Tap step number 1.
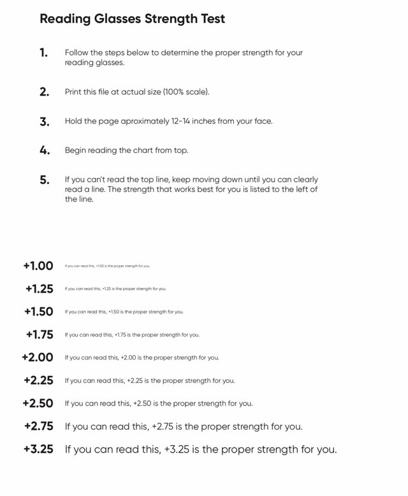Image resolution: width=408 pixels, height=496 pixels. (x=43, y=53)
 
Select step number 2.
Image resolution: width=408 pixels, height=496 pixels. (x=44, y=92)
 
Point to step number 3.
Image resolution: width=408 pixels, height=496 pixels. (x=44, y=121)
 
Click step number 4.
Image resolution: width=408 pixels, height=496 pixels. (x=44, y=151)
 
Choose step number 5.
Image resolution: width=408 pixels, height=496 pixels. (x=44, y=180)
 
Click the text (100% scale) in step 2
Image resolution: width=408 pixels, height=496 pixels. (x=186, y=92)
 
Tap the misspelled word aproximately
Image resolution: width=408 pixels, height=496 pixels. (x=142, y=121)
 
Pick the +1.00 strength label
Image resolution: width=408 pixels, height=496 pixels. (x=38, y=266)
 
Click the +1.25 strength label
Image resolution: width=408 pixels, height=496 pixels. (x=40, y=289)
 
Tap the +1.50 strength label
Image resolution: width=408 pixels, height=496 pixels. (x=39, y=312)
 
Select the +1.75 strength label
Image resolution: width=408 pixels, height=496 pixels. (x=40, y=335)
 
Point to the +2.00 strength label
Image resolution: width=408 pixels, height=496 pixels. (x=38, y=358)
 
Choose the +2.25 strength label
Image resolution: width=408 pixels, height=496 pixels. (x=38, y=381)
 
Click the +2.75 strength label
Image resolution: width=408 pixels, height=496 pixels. (x=39, y=427)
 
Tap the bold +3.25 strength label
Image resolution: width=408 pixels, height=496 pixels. (x=38, y=449)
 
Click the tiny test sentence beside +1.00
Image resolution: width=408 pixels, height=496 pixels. (x=107, y=266)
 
